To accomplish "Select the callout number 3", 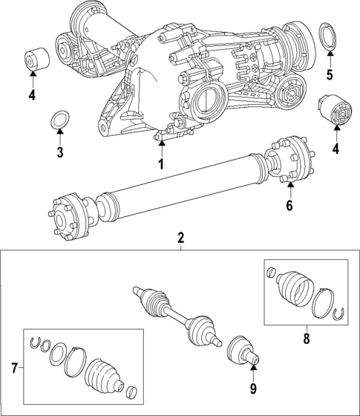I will (59, 152).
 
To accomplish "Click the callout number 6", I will (290, 206).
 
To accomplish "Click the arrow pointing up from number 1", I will (160, 145).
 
